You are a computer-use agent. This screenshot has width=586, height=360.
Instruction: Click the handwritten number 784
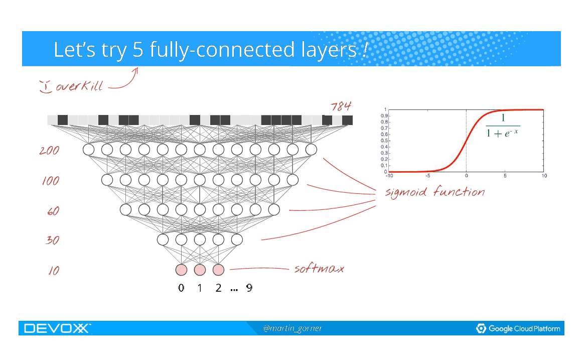click(341, 106)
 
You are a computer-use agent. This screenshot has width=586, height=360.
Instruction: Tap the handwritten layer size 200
click(49, 150)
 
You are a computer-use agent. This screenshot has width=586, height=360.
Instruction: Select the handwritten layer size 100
click(50, 181)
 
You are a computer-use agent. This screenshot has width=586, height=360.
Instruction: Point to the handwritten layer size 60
click(53, 211)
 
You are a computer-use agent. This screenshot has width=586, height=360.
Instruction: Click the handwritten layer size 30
click(52, 241)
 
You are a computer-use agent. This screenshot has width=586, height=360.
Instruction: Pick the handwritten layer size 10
click(53, 271)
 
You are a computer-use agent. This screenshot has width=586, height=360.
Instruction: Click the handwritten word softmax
click(319, 269)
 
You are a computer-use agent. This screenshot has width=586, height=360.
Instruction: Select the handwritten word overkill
click(79, 86)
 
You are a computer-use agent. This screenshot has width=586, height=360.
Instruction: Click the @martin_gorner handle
click(292, 328)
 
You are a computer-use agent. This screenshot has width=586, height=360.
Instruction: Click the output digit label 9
click(249, 288)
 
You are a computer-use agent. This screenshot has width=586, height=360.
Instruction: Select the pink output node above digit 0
click(181, 270)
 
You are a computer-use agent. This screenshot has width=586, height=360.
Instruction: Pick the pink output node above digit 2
click(218, 270)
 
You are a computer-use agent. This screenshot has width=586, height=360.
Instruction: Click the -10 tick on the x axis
click(389, 176)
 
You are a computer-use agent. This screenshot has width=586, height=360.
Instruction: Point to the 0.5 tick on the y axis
click(384, 141)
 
